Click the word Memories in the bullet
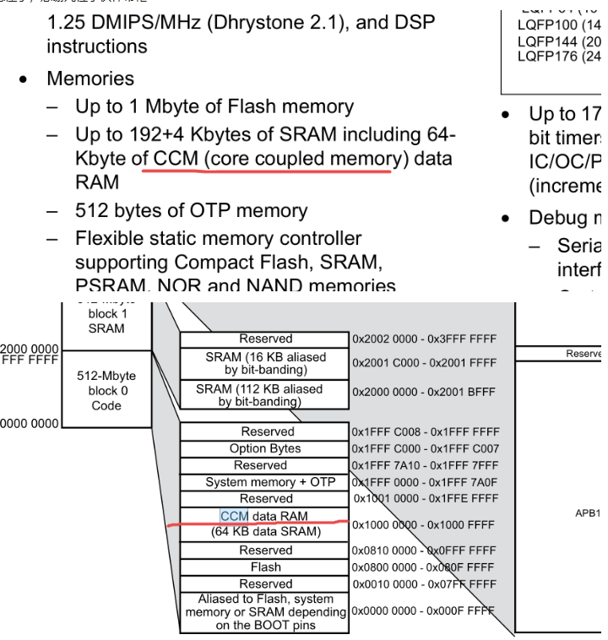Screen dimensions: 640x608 [x=90, y=79]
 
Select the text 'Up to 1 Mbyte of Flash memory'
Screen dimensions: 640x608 [x=214, y=106]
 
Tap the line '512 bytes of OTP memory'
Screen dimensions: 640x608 [x=191, y=211]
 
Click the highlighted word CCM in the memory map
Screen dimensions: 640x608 [x=234, y=516]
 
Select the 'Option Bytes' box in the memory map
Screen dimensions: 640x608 [x=264, y=448]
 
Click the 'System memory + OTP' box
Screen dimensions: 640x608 [x=264, y=482]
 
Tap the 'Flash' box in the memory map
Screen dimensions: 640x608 [x=264, y=567]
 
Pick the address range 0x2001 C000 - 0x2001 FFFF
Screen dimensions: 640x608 [x=425, y=363]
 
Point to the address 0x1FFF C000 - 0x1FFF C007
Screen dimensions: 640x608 [x=425, y=448]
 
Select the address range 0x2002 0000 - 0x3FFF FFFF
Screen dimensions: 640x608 [x=425, y=339]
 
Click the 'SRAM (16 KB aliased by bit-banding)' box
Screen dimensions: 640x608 [x=264, y=363]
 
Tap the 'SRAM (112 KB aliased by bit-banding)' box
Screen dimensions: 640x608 [x=264, y=394]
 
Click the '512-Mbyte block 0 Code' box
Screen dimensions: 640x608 [x=106, y=390]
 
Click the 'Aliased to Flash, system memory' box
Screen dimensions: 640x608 [x=264, y=612]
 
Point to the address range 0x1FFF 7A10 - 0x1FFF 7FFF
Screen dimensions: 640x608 [x=425, y=465]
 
